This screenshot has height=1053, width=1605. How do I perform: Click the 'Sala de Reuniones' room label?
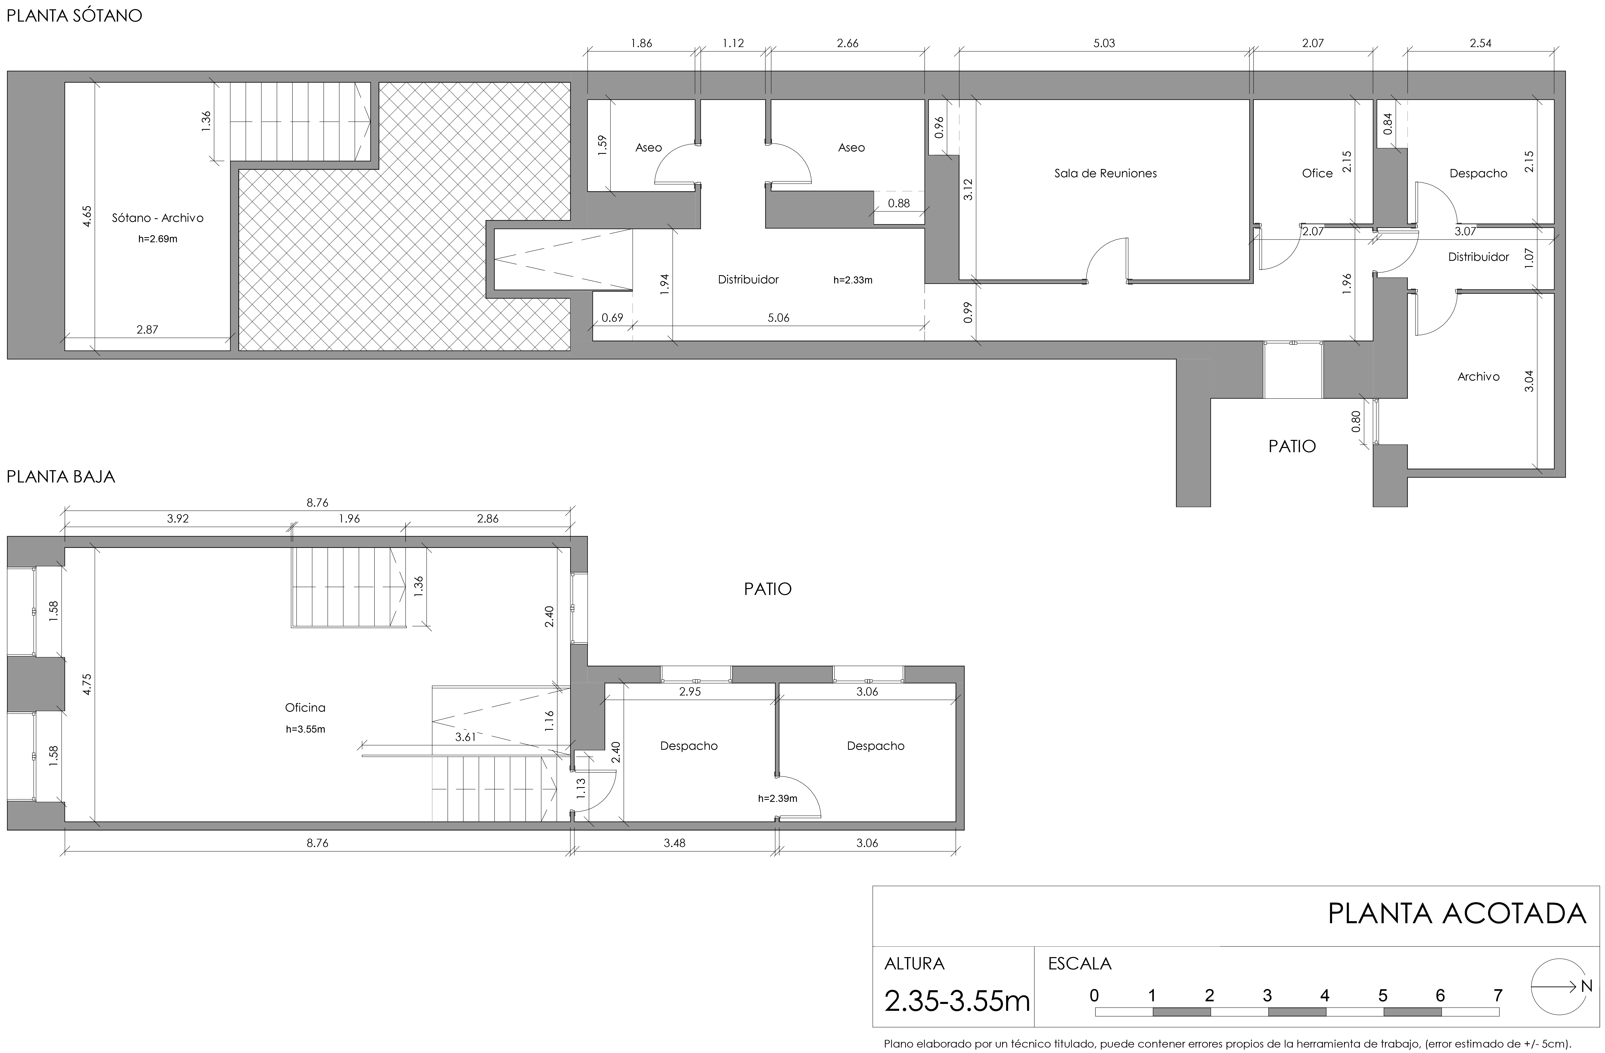click(x=1105, y=173)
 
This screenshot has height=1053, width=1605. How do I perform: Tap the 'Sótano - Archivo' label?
click(x=158, y=218)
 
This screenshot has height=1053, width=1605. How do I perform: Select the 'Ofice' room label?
click(x=1317, y=173)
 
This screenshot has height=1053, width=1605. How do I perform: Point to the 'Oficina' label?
click(x=305, y=707)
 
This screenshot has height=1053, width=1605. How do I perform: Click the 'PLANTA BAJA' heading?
click(x=61, y=477)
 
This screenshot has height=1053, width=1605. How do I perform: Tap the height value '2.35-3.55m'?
click(x=957, y=1001)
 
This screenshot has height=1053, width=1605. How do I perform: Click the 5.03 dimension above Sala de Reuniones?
click(x=1104, y=43)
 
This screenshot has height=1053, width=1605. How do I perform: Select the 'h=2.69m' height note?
click(x=158, y=239)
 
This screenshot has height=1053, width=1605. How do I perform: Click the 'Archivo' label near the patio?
click(x=1478, y=376)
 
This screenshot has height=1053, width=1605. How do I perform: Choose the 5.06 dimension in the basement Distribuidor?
click(x=778, y=318)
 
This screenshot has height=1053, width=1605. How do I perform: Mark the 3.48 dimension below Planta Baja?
click(x=674, y=843)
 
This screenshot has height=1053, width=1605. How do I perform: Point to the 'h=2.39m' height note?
click(x=778, y=798)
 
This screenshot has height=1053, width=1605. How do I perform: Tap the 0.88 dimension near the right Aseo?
click(x=899, y=203)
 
